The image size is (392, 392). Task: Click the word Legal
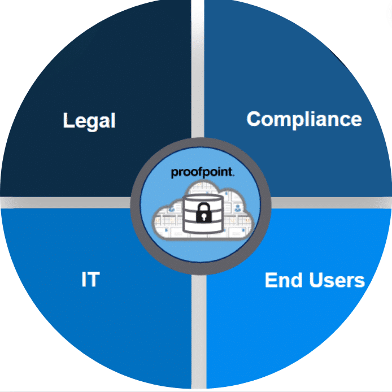click(x=89, y=121)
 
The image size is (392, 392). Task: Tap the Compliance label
click(x=304, y=119)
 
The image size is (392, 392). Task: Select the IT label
click(x=90, y=279)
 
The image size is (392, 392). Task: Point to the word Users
click(x=337, y=280)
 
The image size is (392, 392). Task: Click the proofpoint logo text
click(x=203, y=172)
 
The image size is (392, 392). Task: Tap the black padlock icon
click(x=204, y=213)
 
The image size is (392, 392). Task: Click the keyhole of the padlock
click(x=204, y=216)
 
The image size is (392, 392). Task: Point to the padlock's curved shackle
click(x=204, y=207)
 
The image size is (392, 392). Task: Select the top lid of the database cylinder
click(x=203, y=198)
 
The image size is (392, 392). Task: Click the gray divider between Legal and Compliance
click(x=198, y=69)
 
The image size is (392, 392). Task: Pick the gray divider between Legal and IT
click(x=66, y=203)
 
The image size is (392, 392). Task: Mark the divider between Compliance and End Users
click(x=331, y=203)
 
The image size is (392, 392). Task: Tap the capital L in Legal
click(x=68, y=120)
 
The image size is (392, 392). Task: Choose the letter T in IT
click(x=94, y=279)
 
